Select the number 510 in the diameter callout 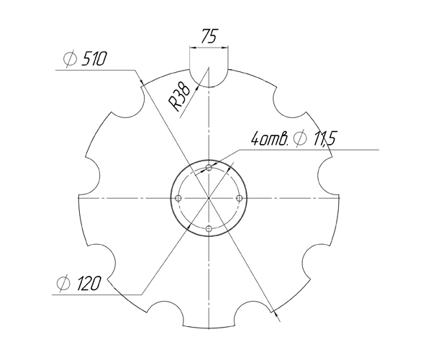coord(94,60)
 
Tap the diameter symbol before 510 coord(71,60)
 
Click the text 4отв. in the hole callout coord(270,138)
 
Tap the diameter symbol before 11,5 coord(301,138)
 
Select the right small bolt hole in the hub coord(239,197)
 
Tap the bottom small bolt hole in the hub coord(209,228)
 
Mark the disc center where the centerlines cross coord(209,197)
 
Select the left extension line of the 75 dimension coord(189,58)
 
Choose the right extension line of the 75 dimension coord(228,58)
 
